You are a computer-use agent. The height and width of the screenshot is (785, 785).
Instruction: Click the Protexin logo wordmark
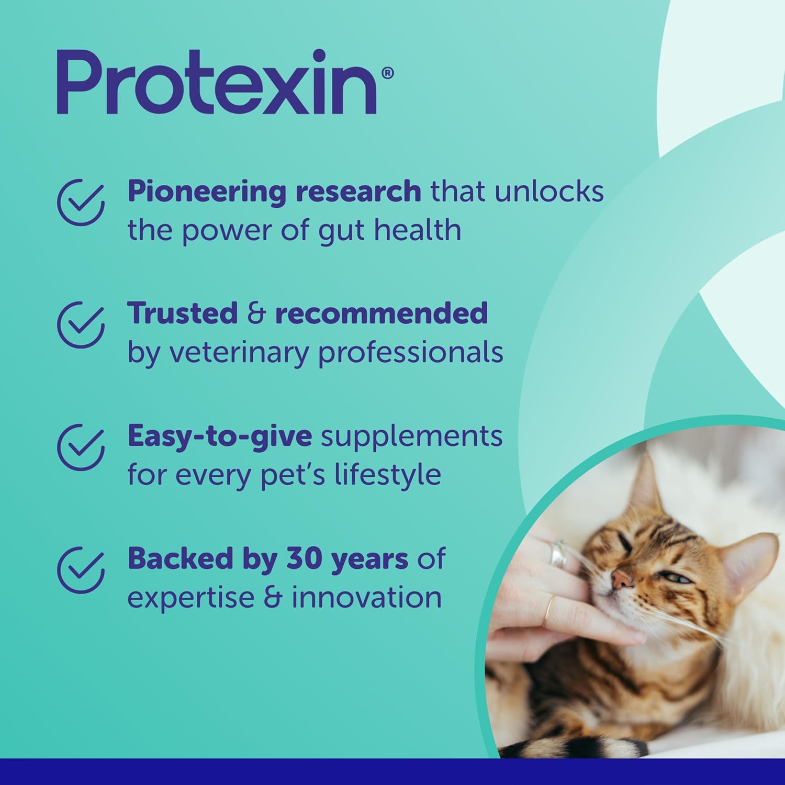(217, 82)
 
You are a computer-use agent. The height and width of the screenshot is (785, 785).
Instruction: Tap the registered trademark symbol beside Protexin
(387, 73)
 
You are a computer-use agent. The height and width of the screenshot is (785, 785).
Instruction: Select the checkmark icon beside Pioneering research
(81, 202)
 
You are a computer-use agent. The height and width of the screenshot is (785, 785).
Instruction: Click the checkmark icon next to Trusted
(81, 324)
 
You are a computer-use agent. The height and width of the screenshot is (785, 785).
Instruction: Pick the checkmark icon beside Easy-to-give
(81, 447)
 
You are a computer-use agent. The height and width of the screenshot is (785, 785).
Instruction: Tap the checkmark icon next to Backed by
(81, 570)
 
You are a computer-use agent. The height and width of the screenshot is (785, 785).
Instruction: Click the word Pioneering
(207, 193)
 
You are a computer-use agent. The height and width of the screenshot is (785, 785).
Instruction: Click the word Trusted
(183, 313)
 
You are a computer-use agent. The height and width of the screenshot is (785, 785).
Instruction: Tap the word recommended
(382, 313)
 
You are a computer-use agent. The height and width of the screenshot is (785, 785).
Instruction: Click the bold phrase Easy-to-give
(220, 436)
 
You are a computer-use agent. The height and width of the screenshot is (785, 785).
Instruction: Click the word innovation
(367, 598)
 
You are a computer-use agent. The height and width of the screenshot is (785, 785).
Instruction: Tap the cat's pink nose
(622, 578)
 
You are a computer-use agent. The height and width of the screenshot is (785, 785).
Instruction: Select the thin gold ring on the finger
(549, 610)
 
